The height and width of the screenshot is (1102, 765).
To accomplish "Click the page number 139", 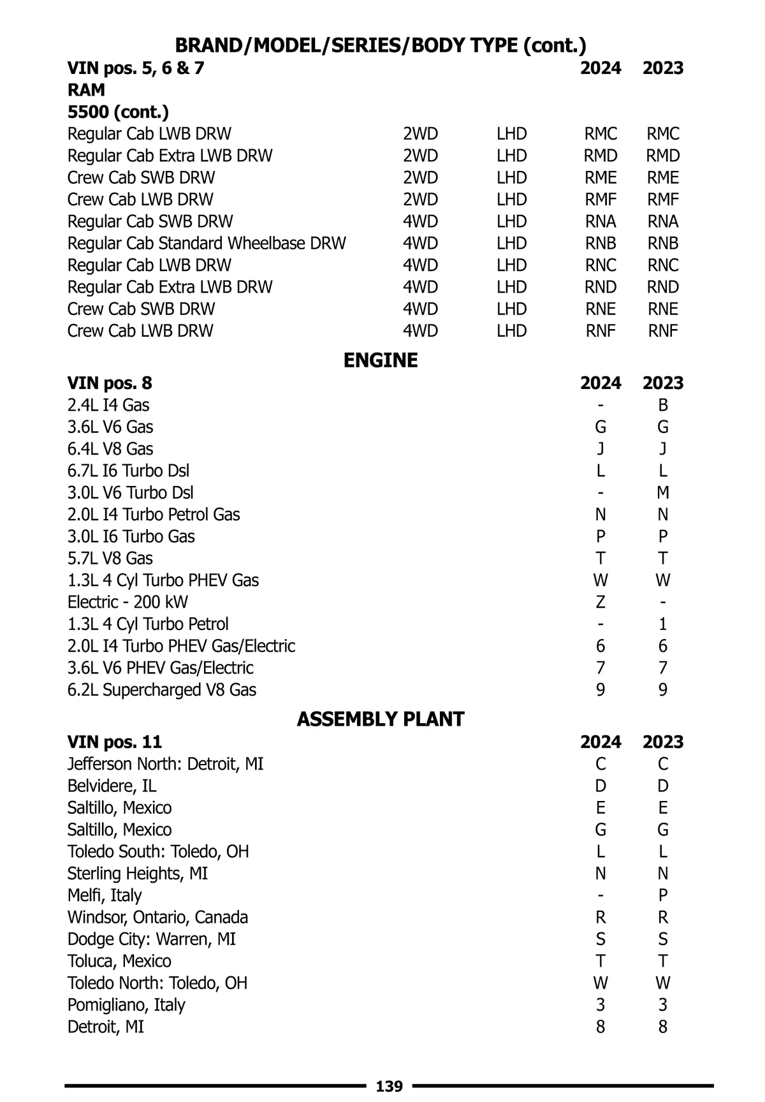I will click(390, 1086).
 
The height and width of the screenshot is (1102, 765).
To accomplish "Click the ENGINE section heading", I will click(381, 360).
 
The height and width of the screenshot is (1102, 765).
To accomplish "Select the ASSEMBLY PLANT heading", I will click(381, 719).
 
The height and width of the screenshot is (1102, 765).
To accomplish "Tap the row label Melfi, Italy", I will click(105, 895).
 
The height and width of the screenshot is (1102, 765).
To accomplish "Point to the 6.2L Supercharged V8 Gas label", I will click(162, 690).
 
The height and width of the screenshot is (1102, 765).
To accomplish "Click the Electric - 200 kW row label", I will click(127, 602).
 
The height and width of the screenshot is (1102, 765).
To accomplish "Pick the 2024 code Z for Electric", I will click(601, 602).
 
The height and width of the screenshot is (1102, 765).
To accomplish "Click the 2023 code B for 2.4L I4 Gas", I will click(663, 405).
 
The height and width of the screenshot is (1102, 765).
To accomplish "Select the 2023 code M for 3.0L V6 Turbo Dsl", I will click(663, 492).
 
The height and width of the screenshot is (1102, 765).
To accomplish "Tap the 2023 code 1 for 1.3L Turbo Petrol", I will click(663, 624).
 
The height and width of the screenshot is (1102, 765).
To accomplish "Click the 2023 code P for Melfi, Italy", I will click(663, 895).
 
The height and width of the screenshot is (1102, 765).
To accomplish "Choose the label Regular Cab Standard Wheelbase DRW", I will click(207, 244).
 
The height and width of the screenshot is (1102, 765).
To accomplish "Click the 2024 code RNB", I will click(601, 244).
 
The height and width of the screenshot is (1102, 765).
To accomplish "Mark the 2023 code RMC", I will click(663, 134).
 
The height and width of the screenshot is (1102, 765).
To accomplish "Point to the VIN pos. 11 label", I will click(115, 742).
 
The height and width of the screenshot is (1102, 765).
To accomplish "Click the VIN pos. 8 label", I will click(110, 383).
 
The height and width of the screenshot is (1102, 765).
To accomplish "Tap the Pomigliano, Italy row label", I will click(126, 1005).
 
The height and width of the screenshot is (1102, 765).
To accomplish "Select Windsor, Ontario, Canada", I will click(157, 918).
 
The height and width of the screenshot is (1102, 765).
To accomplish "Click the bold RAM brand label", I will click(86, 90).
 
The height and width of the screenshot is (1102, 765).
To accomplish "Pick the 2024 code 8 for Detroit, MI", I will click(601, 1027).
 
